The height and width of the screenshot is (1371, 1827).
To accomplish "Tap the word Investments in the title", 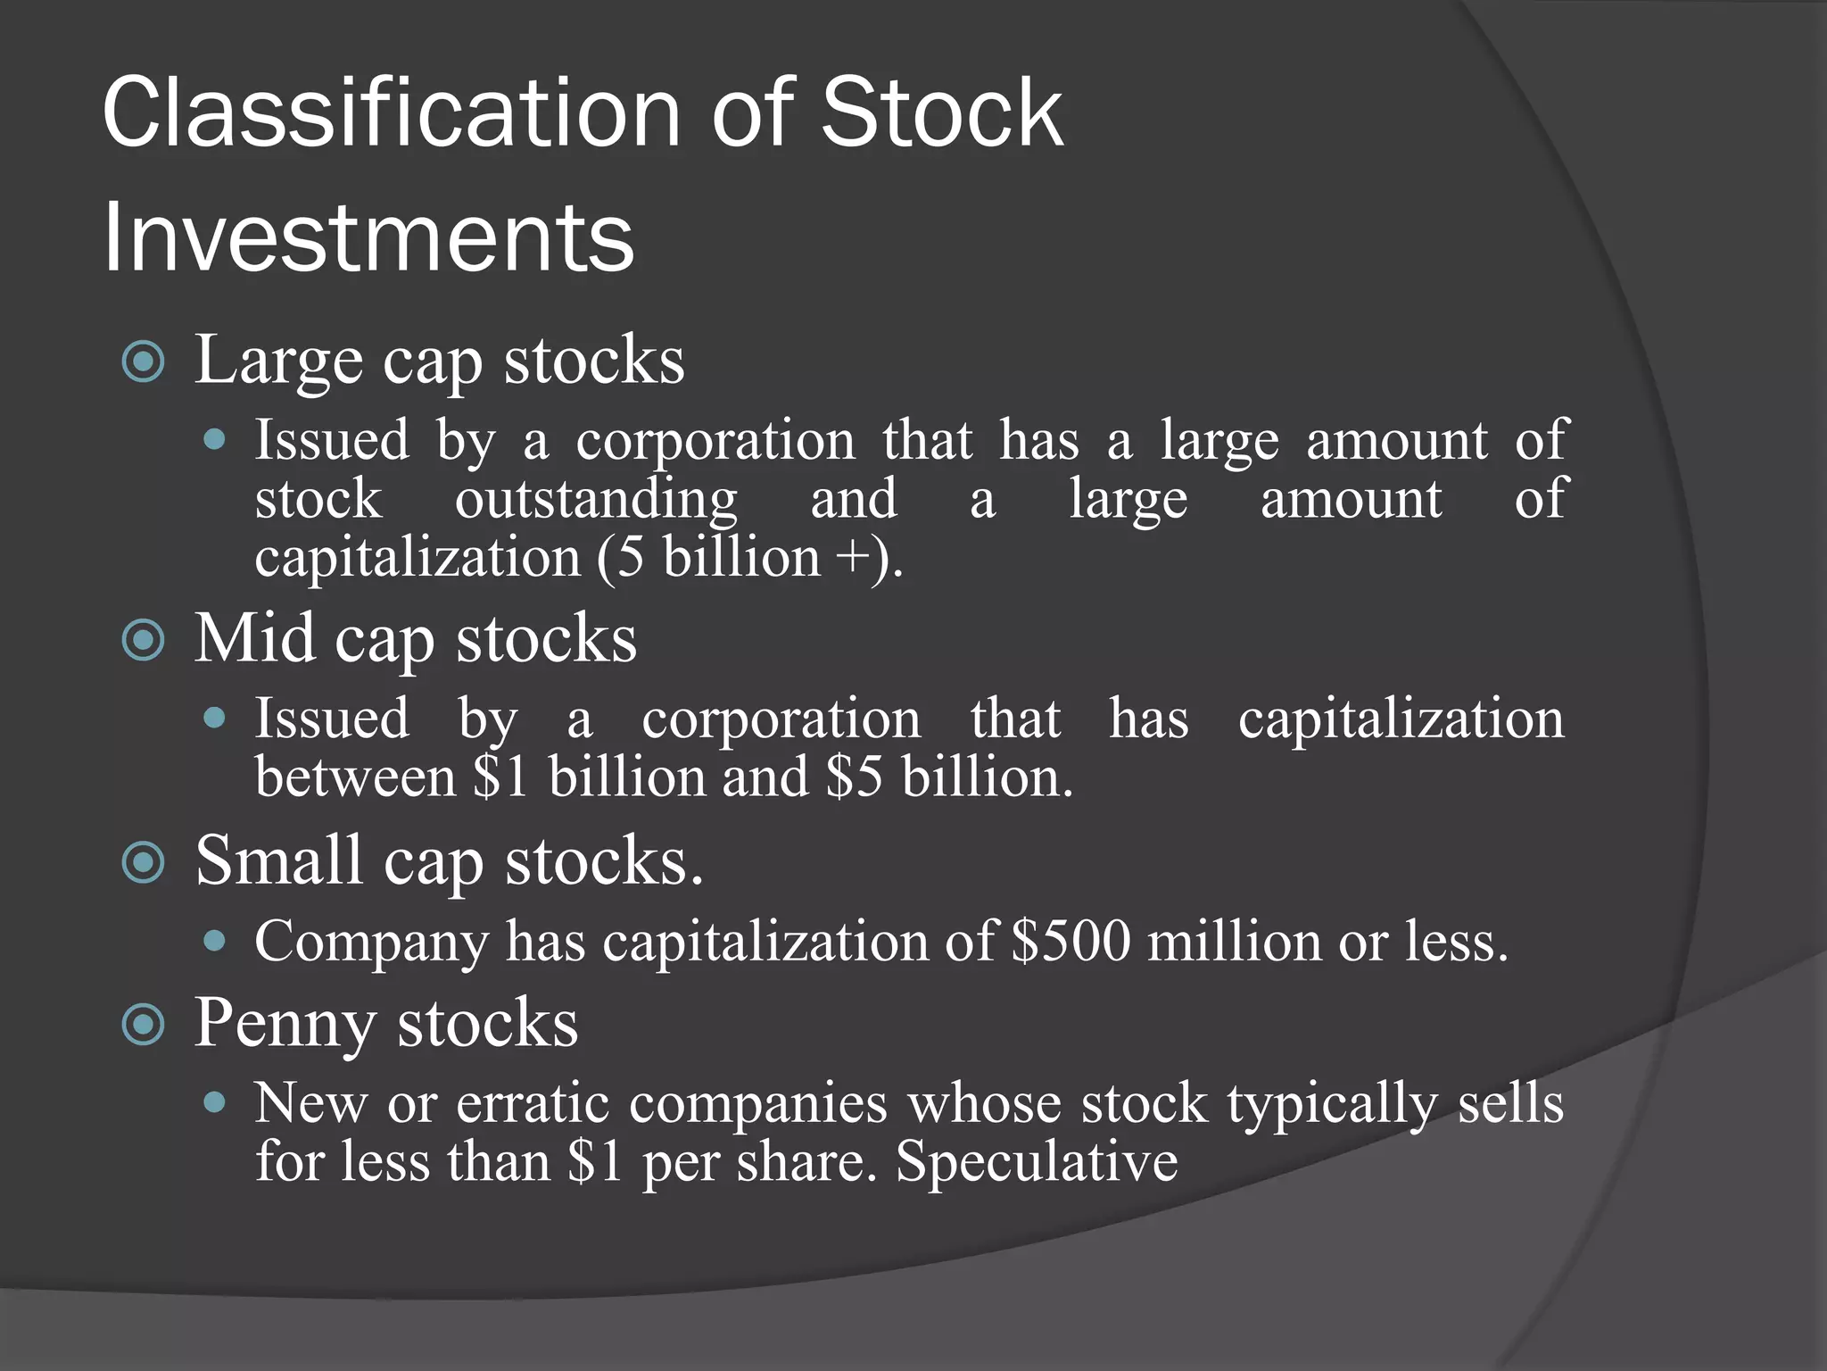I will click(368, 237).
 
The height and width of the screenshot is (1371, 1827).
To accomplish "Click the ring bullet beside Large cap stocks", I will click(144, 362).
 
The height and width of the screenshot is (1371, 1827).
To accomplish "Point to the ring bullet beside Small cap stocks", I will click(144, 863).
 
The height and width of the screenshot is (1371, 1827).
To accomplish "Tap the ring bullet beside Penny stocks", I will click(144, 1025).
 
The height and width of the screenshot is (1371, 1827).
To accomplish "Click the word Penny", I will click(285, 1025).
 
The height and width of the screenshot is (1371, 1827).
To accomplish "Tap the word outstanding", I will click(596, 500).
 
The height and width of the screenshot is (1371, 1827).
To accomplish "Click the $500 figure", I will click(1071, 942).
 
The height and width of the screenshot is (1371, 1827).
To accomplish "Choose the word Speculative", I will click(1037, 1162).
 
